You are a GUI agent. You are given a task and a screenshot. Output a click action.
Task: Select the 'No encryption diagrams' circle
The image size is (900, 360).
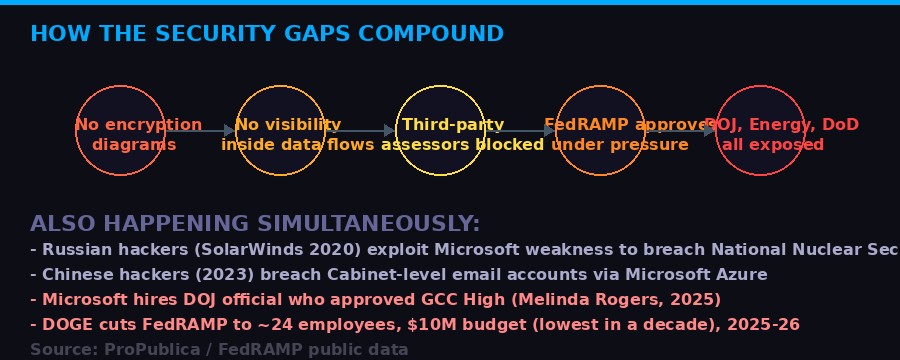point(120,131)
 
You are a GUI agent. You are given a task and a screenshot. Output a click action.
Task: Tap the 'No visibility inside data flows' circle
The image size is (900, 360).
point(280,131)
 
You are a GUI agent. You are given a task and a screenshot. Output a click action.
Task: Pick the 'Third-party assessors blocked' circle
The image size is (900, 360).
point(440,131)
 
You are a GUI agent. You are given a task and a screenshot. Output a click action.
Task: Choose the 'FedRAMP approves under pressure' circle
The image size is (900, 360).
point(600,131)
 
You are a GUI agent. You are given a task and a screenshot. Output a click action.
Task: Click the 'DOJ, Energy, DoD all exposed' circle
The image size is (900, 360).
point(760,131)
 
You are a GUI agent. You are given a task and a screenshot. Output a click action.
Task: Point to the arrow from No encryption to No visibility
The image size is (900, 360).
point(200,131)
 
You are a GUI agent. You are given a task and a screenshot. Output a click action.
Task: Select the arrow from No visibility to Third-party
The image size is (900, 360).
point(360,131)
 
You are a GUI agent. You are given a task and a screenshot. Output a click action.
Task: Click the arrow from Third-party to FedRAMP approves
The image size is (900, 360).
point(520,131)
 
